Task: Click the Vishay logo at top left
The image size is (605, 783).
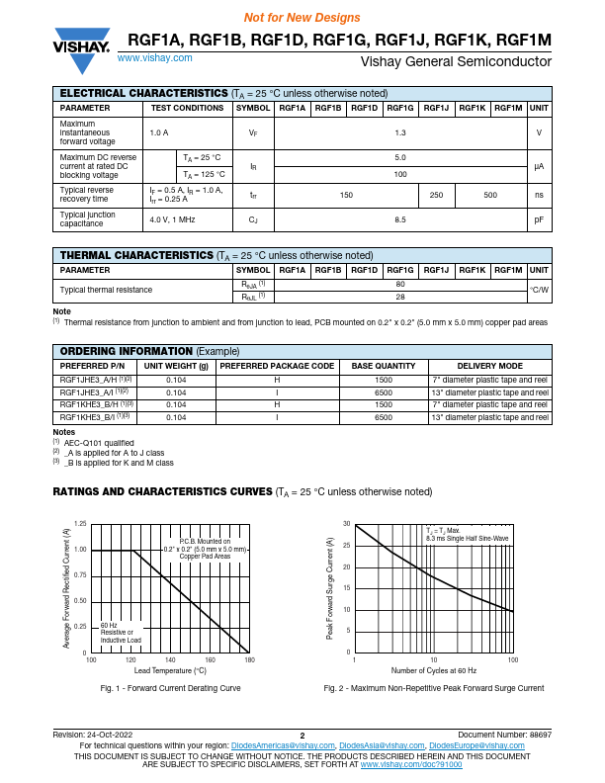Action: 81,41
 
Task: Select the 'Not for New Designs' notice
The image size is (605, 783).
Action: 302,18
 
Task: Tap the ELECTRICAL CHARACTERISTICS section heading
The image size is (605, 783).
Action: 144,92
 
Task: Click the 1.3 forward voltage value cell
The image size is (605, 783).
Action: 400,132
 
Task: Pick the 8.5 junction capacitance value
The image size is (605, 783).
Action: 400,219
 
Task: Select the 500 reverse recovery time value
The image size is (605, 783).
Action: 489,195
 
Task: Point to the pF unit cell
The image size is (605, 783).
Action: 539,219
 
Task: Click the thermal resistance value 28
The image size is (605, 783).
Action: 400,297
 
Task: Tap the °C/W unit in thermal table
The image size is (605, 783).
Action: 539,290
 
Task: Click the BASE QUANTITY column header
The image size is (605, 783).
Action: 384,366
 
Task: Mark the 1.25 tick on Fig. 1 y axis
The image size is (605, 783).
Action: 80,523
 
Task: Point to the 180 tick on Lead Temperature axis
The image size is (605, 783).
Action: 248,659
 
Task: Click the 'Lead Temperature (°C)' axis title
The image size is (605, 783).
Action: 169,670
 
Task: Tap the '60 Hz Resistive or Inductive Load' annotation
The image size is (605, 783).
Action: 121,633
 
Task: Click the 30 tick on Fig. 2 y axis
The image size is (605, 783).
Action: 346,523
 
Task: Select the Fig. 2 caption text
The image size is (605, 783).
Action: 433,688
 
